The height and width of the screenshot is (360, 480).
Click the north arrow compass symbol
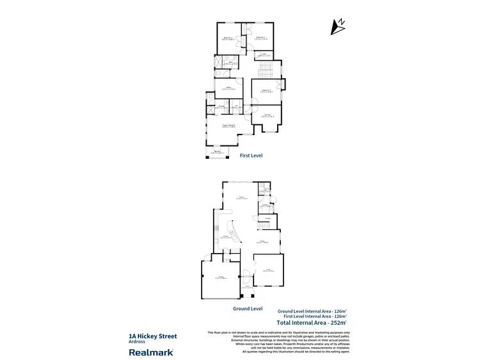pyautogui.click(x=337, y=26)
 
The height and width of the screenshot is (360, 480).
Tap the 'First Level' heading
pyautogui.click(x=252, y=155)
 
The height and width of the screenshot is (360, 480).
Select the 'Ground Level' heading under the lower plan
pyautogui.click(x=248, y=308)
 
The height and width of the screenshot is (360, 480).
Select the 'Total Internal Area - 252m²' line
pyautogui.click(x=311, y=322)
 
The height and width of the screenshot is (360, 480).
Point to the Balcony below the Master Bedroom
pyautogui.click(x=218, y=152)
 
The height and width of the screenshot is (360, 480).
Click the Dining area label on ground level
pyautogui.click(x=263, y=241)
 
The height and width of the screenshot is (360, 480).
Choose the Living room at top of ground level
pyautogui.click(x=241, y=198)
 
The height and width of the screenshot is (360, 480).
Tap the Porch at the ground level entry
pyautogui.click(x=245, y=287)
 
